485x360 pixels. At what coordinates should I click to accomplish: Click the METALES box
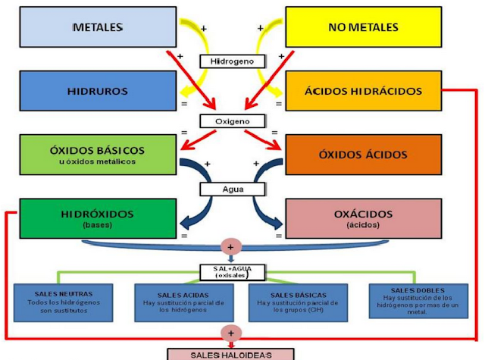tap(96, 27)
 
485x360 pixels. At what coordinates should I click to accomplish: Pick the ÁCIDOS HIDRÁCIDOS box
tap(362, 91)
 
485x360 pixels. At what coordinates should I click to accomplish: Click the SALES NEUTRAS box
tap(64, 301)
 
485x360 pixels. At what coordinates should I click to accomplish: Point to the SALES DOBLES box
tap(413, 301)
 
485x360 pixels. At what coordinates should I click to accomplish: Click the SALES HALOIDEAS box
tap(230, 353)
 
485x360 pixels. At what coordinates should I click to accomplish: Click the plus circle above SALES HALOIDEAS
tap(228, 333)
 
